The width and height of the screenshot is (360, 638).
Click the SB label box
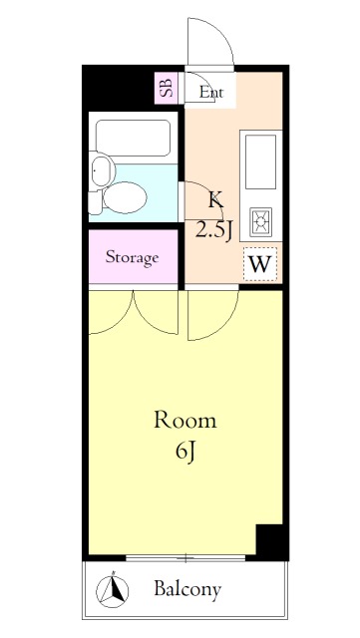click(x=166, y=88)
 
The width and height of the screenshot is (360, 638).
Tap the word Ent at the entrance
click(x=211, y=93)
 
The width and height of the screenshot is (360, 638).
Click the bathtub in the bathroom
click(x=133, y=138)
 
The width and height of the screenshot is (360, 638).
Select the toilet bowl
click(x=125, y=197)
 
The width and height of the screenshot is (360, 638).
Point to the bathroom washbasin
click(x=102, y=170)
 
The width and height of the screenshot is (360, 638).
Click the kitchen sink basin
click(x=260, y=161)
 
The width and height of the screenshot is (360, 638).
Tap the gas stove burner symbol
click(x=260, y=221)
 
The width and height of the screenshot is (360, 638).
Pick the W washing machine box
click(x=260, y=264)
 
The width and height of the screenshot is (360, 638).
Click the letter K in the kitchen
click(x=215, y=200)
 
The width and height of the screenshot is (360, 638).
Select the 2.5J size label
click(x=214, y=230)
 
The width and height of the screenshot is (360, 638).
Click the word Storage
click(x=132, y=257)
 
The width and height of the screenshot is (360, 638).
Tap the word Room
click(x=185, y=420)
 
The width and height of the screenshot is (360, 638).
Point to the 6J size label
click(x=186, y=451)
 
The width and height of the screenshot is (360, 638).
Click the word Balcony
click(x=187, y=589)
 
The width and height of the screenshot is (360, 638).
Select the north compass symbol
click(x=113, y=588)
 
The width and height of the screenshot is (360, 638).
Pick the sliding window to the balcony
click(x=185, y=558)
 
